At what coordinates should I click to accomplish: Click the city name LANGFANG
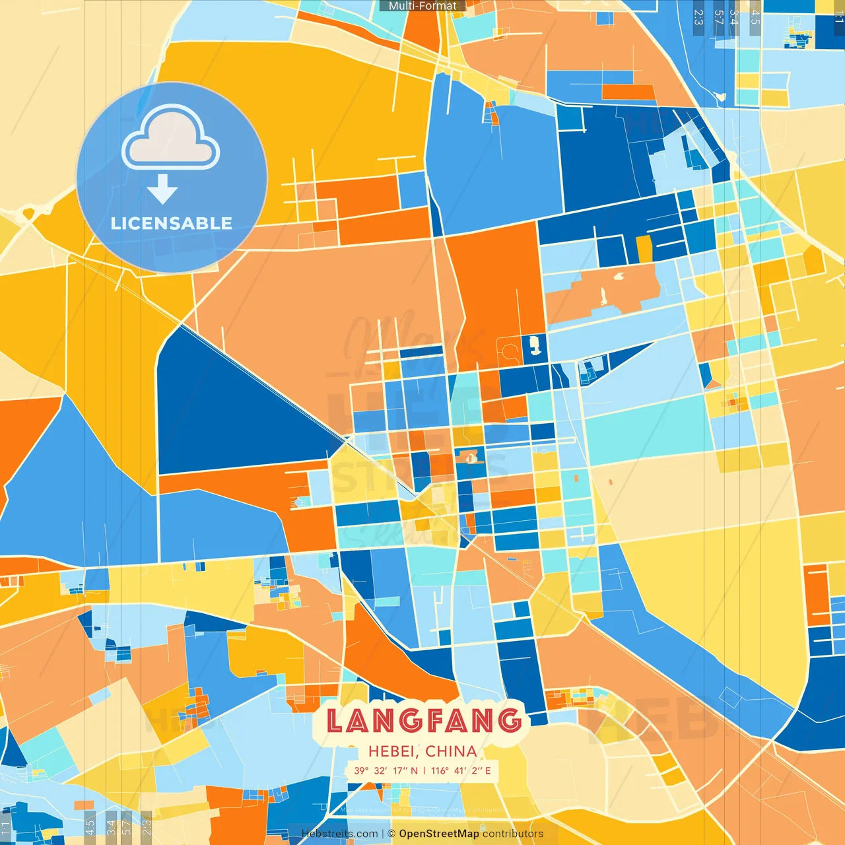click(x=424, y=720)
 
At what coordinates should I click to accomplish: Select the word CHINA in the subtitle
click(x=451, y=751)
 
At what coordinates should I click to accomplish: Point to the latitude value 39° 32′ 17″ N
click(x=386, y=770)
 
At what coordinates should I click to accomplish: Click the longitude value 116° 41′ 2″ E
click(x=461, y=770)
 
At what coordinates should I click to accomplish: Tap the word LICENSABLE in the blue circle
click(x=172, y=223)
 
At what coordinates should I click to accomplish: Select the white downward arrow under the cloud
click(x=162, y=189)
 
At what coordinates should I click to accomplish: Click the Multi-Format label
click(x=422, y=6)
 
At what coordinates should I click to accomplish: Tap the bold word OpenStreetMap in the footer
click(x=439, y=834)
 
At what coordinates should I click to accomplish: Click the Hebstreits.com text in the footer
click(x=339, y=834)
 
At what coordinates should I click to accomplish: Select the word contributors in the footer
click(x=513, y=834)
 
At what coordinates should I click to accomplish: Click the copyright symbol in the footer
click(x=391, y=834)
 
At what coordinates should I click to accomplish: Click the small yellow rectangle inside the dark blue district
click(x=644, y=248)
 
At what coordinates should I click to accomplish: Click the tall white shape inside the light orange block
click(x=603, y=295)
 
